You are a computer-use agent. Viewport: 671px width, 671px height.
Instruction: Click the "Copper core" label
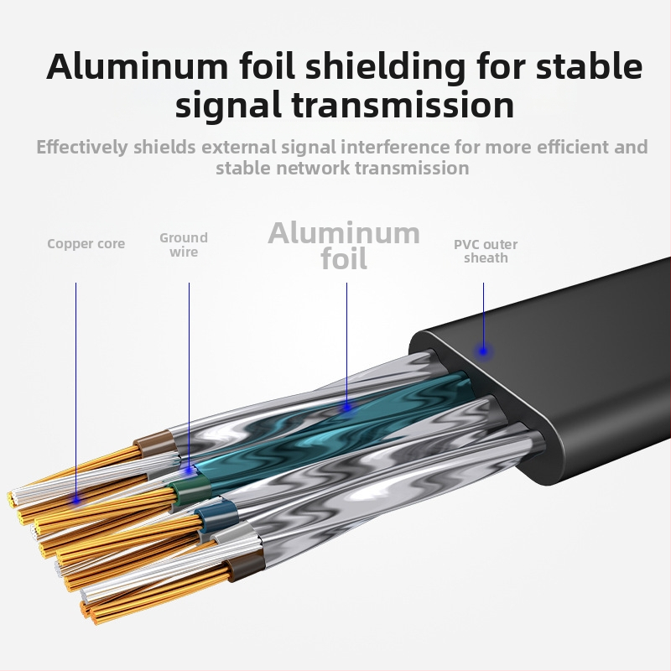86,244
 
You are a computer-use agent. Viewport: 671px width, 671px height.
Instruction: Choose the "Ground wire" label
184,245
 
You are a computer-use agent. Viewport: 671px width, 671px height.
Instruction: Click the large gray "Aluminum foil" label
344,245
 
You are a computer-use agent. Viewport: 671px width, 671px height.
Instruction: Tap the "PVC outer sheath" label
486,251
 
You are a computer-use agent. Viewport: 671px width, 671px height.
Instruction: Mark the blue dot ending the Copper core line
76,499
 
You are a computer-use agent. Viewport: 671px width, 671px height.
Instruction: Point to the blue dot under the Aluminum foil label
346,407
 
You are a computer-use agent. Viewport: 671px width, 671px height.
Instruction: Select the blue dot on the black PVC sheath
483,351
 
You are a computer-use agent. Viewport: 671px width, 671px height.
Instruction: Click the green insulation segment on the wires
185,489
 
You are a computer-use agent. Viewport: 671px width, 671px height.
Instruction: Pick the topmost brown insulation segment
155,443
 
